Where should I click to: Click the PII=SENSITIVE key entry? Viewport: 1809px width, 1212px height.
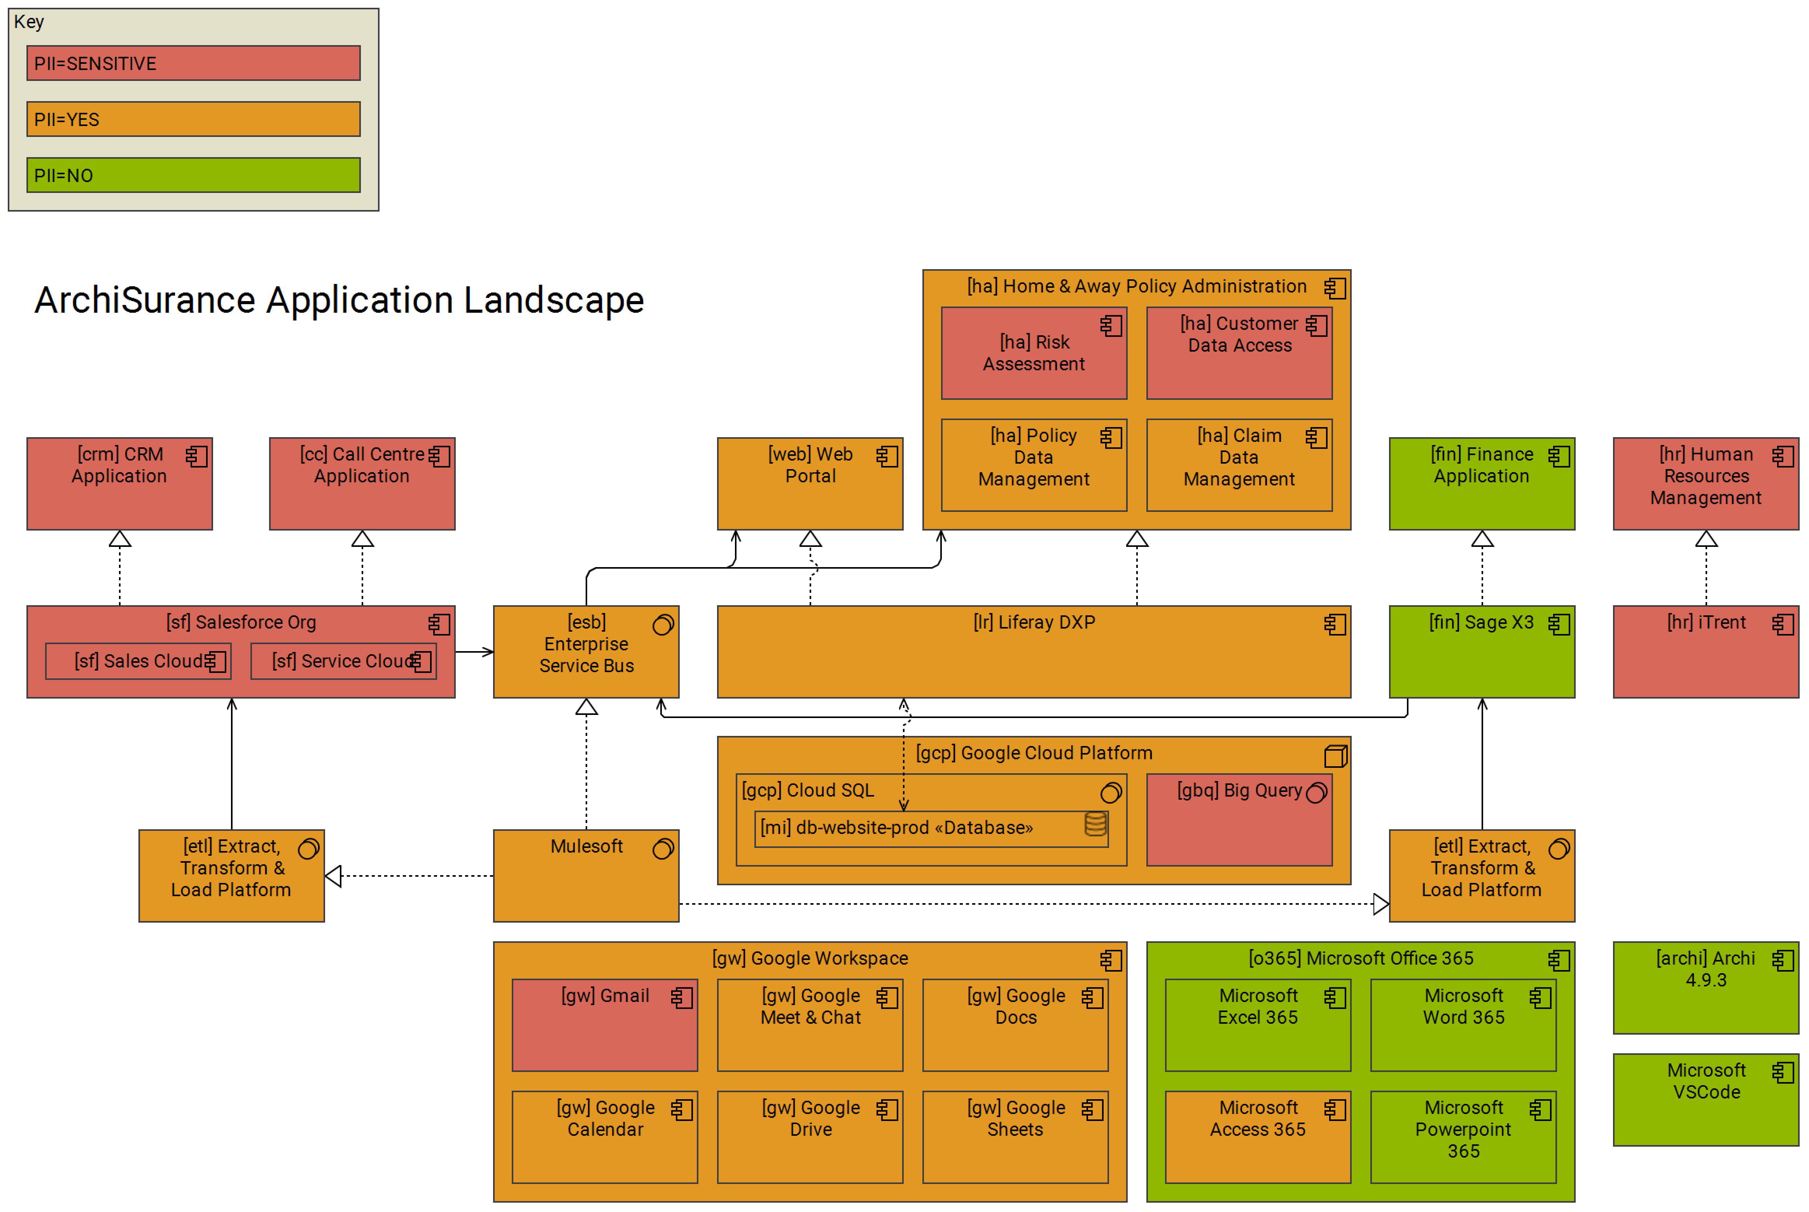[x=193, y=63]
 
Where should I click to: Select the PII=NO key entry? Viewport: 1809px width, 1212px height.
[x=193, y=175]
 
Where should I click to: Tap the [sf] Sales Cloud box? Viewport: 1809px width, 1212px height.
[x=138, y=662]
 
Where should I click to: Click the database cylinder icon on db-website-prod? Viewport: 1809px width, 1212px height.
[x=1095, y=825]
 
